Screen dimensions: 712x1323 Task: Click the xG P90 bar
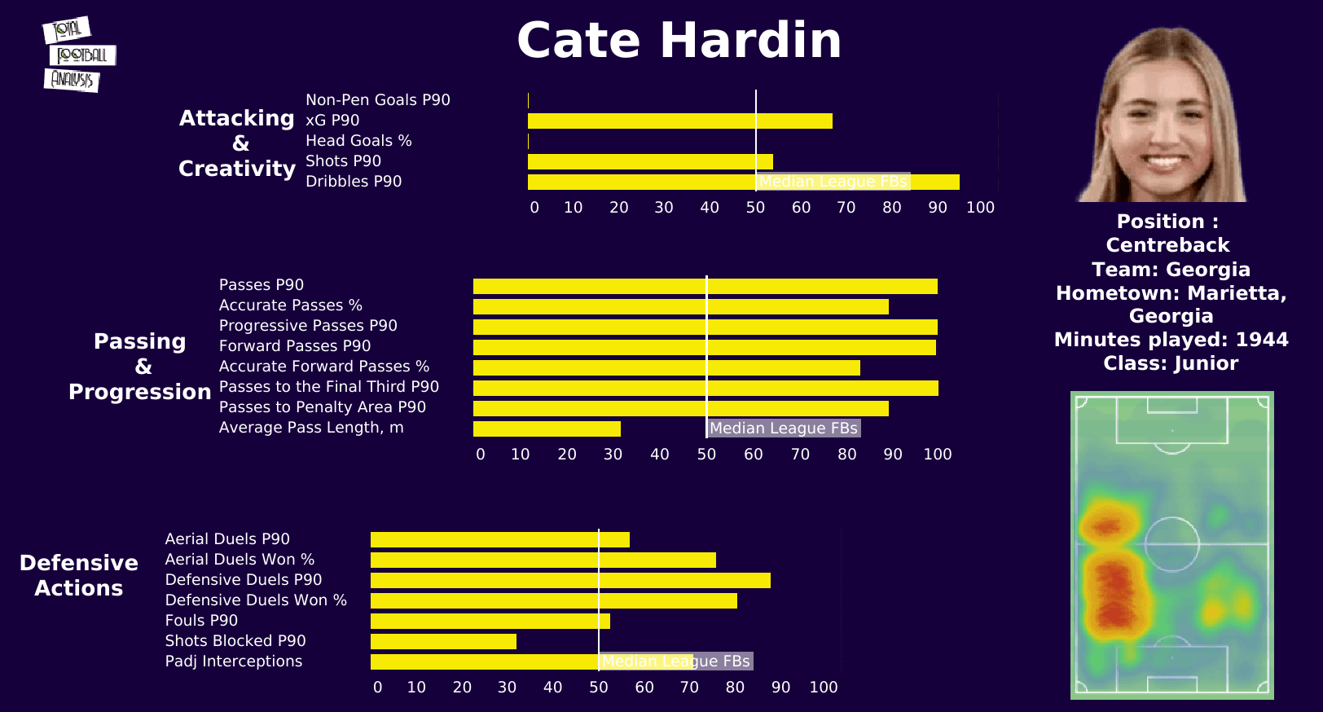tap(679, 121)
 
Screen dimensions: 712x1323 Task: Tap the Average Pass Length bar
tap(547, 429)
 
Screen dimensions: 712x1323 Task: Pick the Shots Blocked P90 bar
tap(443, 642)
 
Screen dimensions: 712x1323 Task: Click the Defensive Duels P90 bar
tap(570, 581)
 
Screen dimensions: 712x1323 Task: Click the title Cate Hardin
tap(679, 41)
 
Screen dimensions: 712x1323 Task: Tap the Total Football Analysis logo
tap(78, 55)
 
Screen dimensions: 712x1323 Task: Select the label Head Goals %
tap(358, 141)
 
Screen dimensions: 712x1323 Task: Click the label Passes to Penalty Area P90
tap(322, 407)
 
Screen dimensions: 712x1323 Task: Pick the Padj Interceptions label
tap(233, 661)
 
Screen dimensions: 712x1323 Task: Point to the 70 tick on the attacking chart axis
tap(846, 208)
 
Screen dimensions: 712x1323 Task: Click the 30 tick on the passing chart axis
tap(613, 455)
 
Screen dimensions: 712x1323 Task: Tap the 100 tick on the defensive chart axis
tap(823, 688)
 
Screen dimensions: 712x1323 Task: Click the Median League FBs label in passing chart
tap(783, 429)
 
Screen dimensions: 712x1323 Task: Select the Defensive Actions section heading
tap(78, 575)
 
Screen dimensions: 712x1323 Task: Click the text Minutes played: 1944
tap(1171, 340)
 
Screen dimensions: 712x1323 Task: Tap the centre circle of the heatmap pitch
tap(1171, 543)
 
